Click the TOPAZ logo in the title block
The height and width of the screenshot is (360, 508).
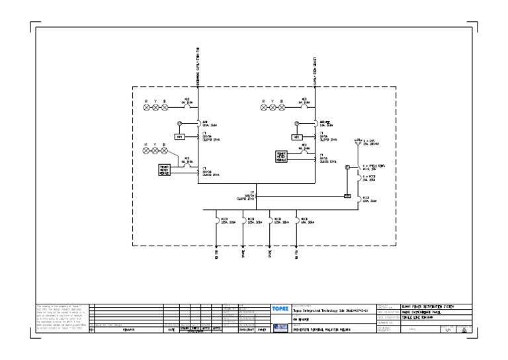click(x=279, y=309)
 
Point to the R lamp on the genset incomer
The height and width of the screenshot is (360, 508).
click(x=265, y=107)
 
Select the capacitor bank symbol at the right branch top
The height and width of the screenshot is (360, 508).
click(x=357, y=142)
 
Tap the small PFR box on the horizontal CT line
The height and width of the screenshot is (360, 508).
click(x=347, y=196)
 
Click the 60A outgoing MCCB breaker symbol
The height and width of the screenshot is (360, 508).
click(x=297, y=220)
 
